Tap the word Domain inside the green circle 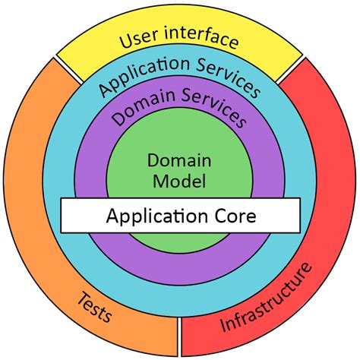pos(180,162)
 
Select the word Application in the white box pos(150,216)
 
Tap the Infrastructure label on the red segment pos(266,298)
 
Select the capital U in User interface pos(126,40)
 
